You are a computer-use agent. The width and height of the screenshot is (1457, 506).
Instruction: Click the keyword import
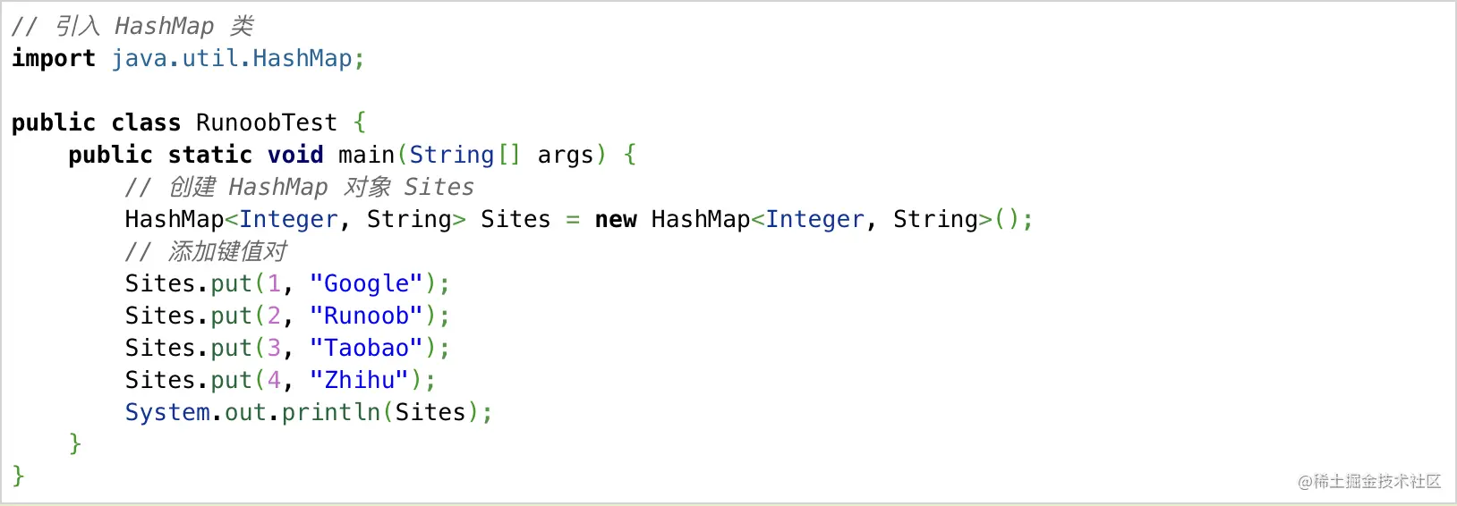pos(54,58)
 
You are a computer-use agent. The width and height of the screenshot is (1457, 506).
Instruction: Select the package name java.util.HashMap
pos(232,58)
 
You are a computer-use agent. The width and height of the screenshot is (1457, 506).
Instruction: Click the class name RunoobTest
pos(267,122)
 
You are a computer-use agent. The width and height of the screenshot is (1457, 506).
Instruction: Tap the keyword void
pos(295,155)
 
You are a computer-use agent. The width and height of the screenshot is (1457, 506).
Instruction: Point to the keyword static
pos(210,155)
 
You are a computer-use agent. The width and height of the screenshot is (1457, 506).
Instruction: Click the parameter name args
pos(566,156)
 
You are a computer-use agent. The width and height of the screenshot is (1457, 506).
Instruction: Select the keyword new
pos(616,220)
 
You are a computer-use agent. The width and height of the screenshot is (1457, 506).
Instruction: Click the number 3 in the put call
pos(274,348)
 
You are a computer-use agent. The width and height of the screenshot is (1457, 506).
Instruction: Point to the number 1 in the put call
pos(274,284)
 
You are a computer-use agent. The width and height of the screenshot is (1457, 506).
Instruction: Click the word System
pos(167,412)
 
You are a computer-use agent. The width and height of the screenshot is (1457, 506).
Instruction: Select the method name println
pos(331,412)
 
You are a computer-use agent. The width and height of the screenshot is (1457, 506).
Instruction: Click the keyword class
pos(146,122)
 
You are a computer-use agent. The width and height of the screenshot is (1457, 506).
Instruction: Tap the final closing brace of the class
pos(18,476)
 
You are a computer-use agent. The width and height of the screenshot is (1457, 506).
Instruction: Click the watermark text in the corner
pos(1369,481)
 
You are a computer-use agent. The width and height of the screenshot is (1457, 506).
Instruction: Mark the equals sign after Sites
pos(573,220)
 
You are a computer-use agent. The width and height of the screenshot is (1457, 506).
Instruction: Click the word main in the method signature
pos(366,155)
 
